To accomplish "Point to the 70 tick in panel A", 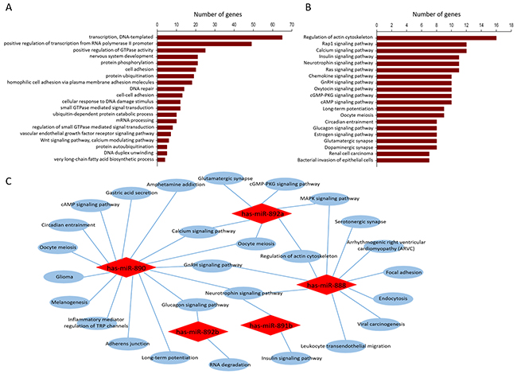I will [x=292, y=24].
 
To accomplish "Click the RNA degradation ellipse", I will [x=225, y=364].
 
